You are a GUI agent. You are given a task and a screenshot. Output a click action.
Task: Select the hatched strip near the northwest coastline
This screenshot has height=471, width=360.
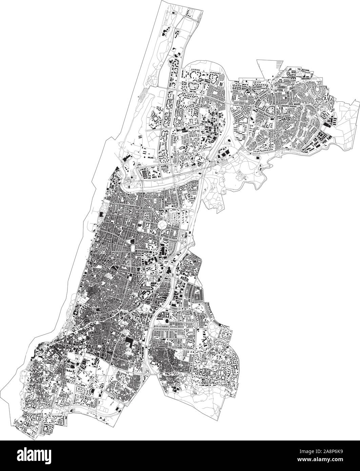(145, 91)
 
